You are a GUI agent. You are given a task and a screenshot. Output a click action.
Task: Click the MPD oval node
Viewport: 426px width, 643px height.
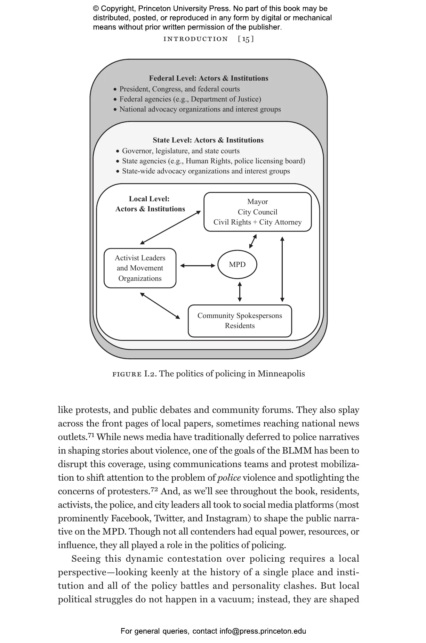point(237,264)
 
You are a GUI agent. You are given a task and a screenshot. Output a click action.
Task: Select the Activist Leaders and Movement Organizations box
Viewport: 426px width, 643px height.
point(140,268)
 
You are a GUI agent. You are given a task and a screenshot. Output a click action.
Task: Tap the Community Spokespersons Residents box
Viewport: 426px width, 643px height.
point(240,321)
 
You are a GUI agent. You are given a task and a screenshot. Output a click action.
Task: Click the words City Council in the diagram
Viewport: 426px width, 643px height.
point(257,212)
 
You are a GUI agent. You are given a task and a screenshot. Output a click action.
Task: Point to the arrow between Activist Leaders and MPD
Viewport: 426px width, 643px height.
point(198,266)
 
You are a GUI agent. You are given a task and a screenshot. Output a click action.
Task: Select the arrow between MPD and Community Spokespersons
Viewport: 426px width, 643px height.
point(240,292)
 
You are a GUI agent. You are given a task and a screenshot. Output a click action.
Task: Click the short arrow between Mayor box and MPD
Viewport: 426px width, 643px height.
point(253,242)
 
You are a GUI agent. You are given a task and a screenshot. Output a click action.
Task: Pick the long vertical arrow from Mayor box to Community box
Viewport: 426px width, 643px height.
point(282,269)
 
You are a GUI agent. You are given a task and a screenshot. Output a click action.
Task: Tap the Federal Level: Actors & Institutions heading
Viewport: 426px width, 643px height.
point(209,78)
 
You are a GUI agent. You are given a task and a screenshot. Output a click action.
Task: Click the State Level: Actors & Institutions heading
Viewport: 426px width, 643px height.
point(208,140)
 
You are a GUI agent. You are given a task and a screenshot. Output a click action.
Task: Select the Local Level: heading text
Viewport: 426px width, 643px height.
point(149,199)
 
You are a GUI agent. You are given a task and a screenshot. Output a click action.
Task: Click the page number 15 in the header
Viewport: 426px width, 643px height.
point(246,39)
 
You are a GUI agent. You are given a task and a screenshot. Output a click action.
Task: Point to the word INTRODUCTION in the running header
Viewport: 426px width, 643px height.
point(195,39)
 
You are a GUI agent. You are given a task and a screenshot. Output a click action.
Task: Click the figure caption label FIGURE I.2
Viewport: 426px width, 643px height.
point(134,374)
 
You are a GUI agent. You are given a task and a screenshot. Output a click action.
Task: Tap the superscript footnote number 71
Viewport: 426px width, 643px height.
point(91,435)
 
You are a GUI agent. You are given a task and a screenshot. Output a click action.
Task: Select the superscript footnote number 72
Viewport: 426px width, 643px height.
point(154,489)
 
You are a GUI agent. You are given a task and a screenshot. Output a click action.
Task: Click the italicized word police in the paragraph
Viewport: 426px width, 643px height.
point(229,478)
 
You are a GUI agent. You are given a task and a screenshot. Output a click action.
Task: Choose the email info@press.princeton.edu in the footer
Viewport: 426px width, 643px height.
point(263,631)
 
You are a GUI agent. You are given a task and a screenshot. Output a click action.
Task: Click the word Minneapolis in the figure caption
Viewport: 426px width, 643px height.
point(281,374)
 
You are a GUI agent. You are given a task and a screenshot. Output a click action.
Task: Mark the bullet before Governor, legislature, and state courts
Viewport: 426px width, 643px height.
point(118,152)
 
